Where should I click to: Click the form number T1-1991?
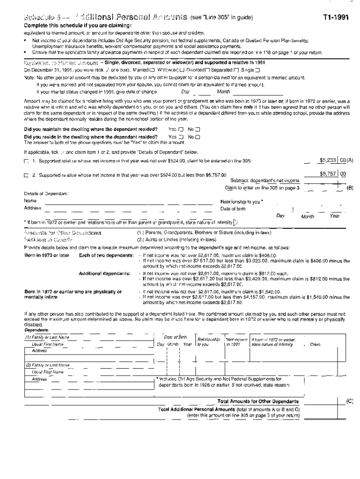[x=335, y=18]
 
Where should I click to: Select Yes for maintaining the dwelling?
[x=181, y=129]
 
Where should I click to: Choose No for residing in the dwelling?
[x=197, y=137]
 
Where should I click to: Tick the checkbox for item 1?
[x=26, y=161]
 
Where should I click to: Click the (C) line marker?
[x=349, y=401]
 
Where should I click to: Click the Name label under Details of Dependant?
[x=30, y=201]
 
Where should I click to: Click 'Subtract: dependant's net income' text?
[x=265, y=181]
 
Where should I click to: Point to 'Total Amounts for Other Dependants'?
[x=258, y=401]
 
